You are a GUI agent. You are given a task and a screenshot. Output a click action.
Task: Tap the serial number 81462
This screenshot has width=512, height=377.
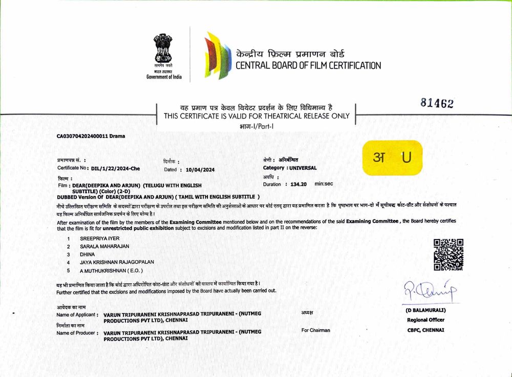(437, 103)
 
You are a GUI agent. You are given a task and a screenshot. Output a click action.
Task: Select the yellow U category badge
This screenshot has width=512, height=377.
(392, 157)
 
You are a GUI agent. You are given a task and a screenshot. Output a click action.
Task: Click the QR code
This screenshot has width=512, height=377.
(449, 254)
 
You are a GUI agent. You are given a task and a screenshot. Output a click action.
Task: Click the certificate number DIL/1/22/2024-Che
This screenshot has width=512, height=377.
(115, 168)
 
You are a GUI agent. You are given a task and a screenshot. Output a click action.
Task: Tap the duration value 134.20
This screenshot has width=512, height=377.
(298, 184)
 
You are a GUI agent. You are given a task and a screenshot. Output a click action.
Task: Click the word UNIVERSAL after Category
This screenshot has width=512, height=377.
(303, 168)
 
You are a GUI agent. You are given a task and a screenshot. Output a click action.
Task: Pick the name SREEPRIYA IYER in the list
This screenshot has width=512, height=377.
(96, 239)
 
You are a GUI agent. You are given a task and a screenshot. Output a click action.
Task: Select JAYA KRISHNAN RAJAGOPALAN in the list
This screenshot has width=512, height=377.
(116, 262)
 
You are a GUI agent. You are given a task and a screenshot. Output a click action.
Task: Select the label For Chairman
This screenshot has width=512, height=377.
(315, 330)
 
